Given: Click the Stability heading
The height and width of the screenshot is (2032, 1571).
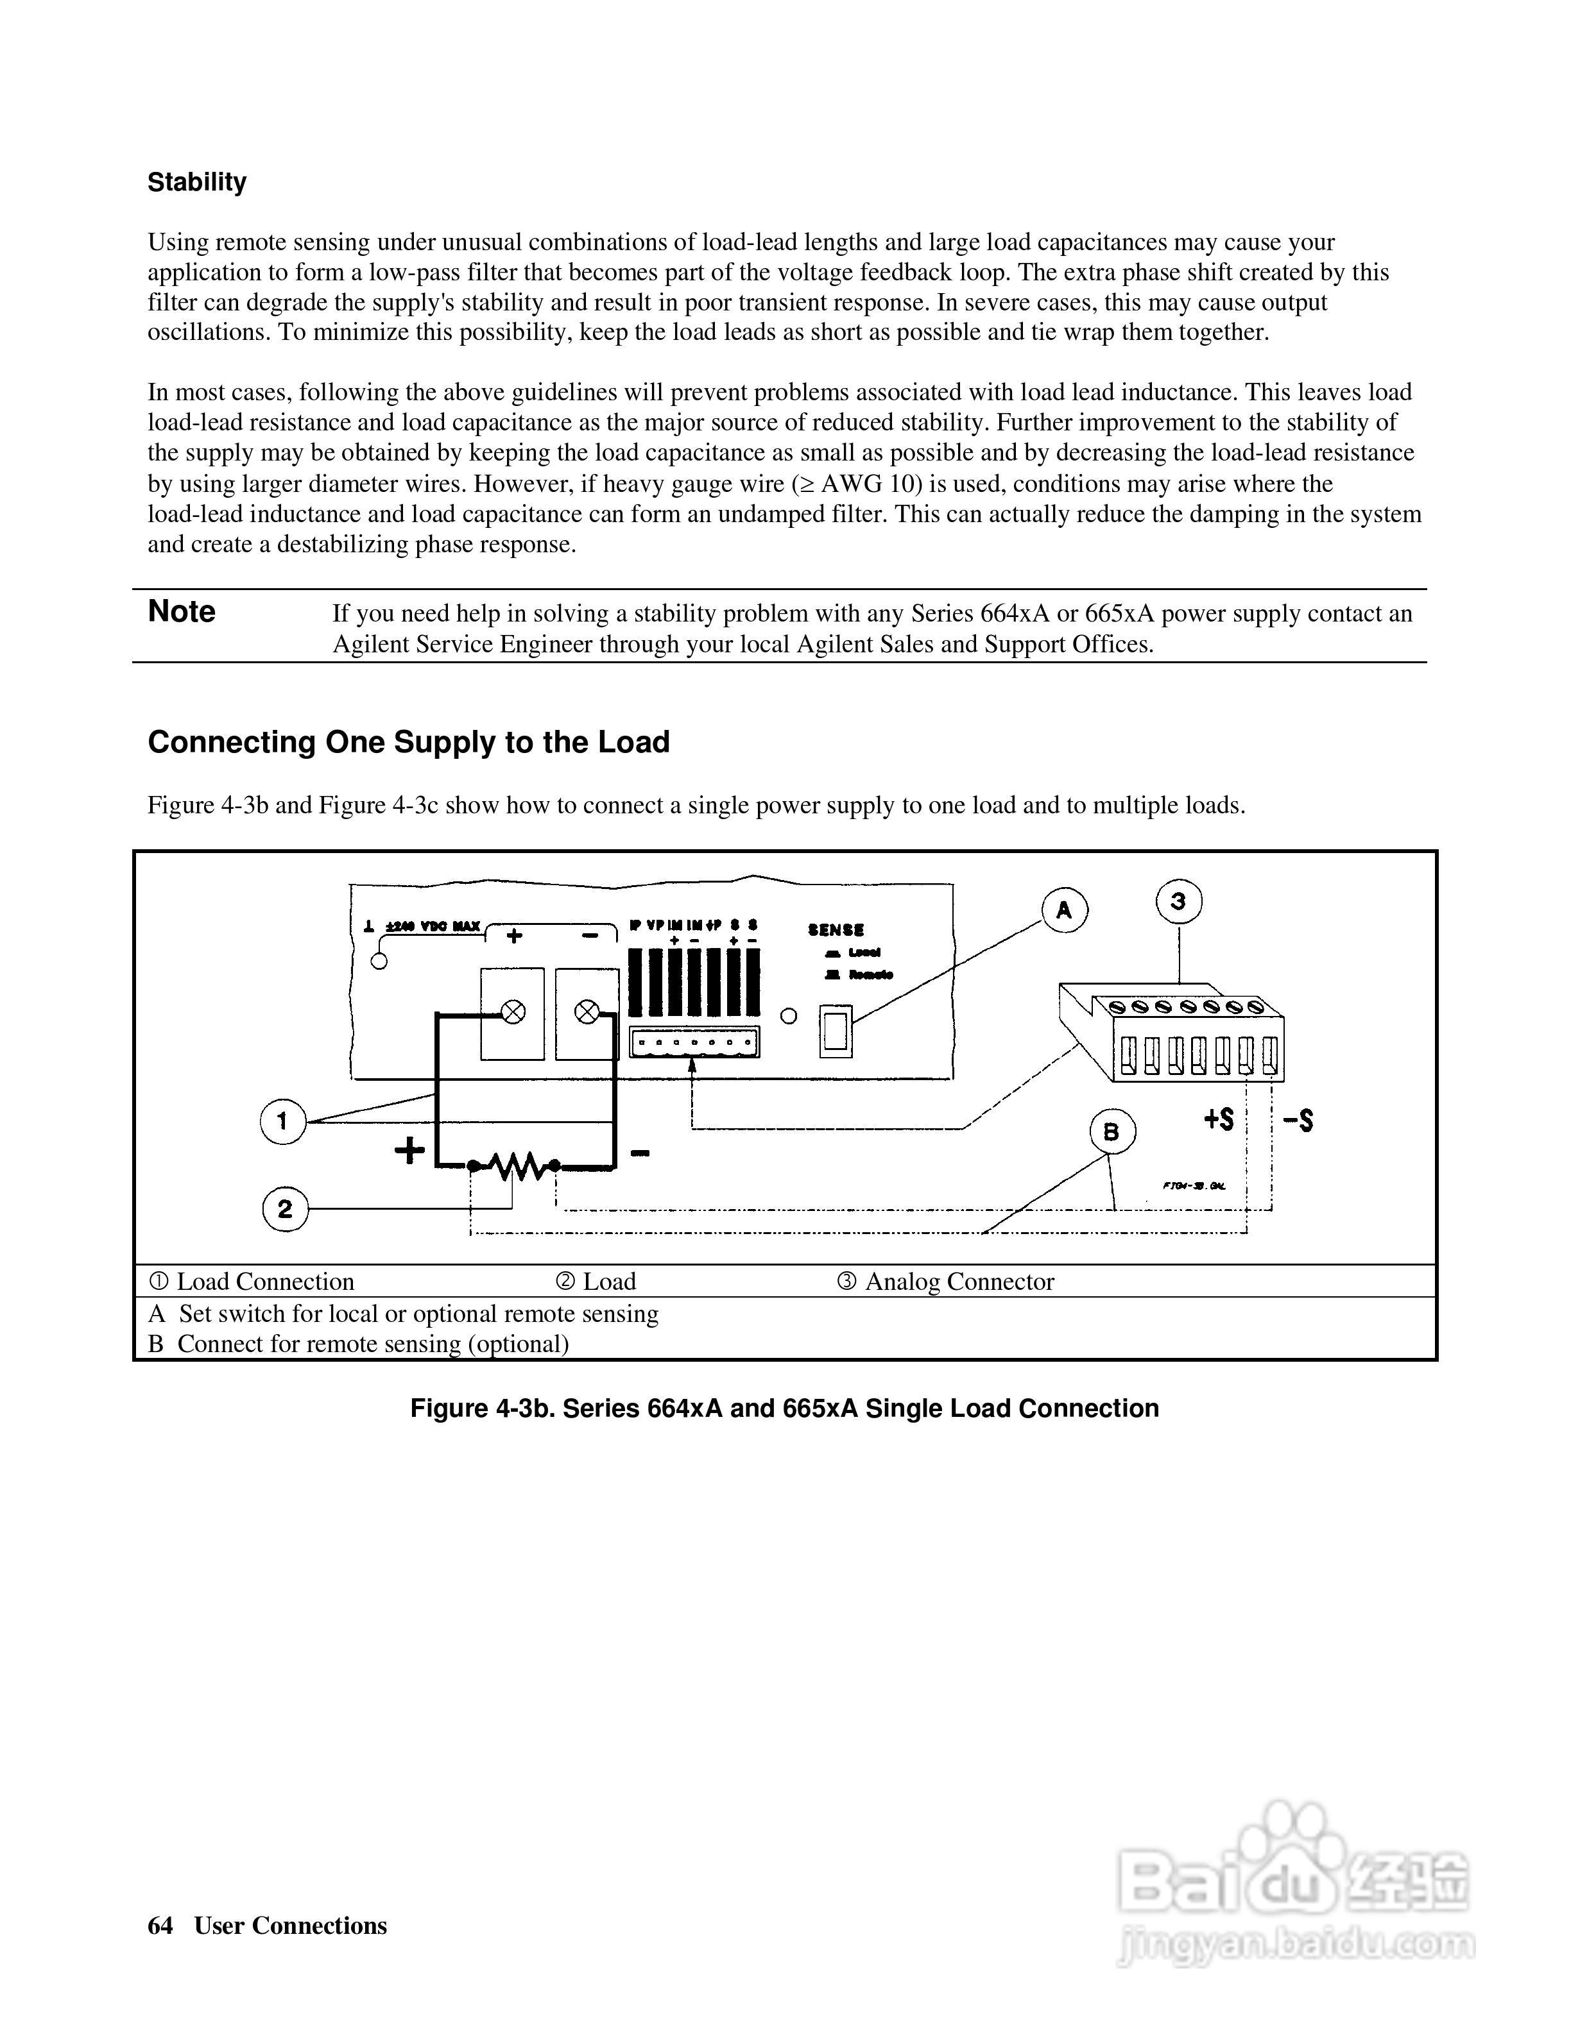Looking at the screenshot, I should tap(196, 182).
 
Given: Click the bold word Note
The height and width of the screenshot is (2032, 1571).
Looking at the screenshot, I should tap(182, 611).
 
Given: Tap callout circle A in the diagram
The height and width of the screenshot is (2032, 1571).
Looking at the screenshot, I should tap(1064, 910).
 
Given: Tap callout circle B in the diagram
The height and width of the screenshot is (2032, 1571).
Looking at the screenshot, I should tap(1112, 1131).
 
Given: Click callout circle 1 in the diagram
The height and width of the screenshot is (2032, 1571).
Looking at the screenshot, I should tap(283, 1121).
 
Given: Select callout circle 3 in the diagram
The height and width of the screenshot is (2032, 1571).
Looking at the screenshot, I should tap(1178, 902).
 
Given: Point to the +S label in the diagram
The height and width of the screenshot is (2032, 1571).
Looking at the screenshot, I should tap(1218, 1119).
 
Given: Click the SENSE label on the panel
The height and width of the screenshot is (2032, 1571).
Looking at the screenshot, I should tap(836, 929).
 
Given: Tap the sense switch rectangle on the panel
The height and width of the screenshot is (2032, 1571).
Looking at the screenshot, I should tap(835, 1031).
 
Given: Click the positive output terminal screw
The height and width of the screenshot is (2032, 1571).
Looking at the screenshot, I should tap(513, 1012).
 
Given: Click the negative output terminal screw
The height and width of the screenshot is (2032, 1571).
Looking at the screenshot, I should tap(587, 1012).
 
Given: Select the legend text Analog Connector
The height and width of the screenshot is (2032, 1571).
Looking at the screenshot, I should tap(959, 1282).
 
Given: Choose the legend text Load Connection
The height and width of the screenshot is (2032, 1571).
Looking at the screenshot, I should tap(265, 1282).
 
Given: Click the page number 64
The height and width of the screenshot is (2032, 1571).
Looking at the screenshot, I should tap(160, 1925).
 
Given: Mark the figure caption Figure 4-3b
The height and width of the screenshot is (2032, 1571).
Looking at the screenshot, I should tap(784, 1409).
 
